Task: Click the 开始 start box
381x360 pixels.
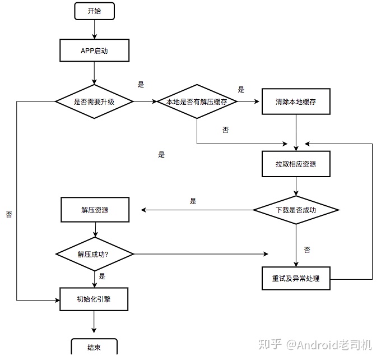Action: click(x=94, y=11)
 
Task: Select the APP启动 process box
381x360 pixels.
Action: click(x=94, y=50)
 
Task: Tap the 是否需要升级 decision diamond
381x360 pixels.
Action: click(x=94, y=101)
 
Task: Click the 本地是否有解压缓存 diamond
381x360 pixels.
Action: click(x=197, y=101)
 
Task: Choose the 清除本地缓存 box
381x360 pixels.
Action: click(x=296, y=101)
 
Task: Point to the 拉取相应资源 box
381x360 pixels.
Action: click(x=296, y=164)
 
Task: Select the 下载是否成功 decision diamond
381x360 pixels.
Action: click(x=296, y=210)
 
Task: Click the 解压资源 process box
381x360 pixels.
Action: click(x=94, y=210)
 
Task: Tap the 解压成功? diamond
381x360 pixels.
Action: click(x=94, y=254)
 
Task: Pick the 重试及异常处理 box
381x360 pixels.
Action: click(x=296, y=278)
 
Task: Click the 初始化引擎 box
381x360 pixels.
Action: click(x=94, y=299)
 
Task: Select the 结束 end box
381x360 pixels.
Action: click(x=94, y=347)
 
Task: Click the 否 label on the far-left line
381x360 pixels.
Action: click(x=9, y=215)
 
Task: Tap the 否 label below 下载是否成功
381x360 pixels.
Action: click(x=307, y=250)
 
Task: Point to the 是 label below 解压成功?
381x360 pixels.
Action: click(x=102, y=276)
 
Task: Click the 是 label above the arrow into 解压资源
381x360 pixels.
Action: click(x=193, y=201)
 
